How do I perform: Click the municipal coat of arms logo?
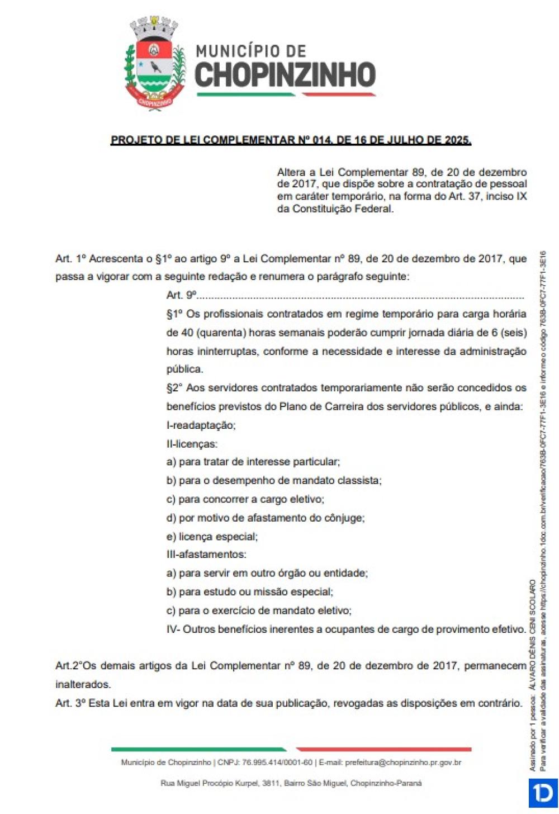click(154, 63)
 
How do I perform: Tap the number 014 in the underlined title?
click(323, 140)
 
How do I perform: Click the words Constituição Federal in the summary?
click(342, 209)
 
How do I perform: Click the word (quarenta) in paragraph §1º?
click(221, 333)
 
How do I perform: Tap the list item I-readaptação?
click(201, 425)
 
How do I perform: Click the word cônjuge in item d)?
click(344, 518)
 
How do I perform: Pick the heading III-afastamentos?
click(206, 555)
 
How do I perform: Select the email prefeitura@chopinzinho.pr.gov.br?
click(403, 763)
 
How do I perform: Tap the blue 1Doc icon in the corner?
click(543, 793)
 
